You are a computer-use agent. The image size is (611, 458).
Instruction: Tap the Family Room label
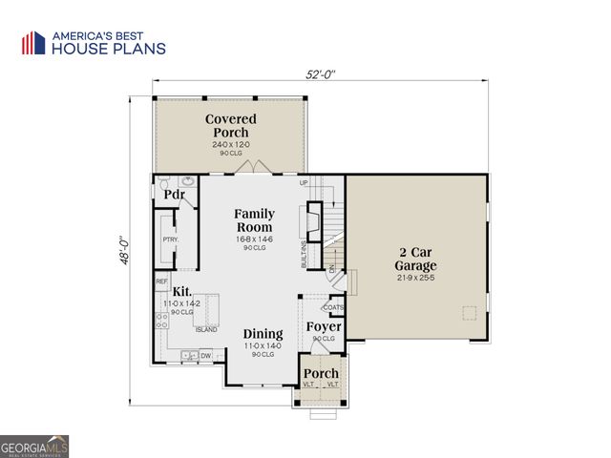[254, 220]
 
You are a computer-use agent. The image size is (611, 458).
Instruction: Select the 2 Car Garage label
[416, 260]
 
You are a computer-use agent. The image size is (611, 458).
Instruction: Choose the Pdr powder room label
[174, 195]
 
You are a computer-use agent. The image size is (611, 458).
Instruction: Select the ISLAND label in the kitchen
[206, 330]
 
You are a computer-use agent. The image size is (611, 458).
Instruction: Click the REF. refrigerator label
[161, 282]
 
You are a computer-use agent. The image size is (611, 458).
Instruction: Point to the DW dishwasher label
[205, 356]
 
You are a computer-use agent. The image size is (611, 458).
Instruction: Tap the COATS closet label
[333, 307]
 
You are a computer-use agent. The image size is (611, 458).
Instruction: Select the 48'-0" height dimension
[124, 253]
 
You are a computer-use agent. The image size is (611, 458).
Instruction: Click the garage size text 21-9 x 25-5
[416, 278]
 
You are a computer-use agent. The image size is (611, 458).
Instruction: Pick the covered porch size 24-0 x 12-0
[230, 145]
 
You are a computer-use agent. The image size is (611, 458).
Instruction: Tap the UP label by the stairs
[304, 182]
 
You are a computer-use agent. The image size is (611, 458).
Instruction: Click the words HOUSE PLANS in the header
[108, 49]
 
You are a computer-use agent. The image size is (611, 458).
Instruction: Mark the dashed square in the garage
[469, 313]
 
